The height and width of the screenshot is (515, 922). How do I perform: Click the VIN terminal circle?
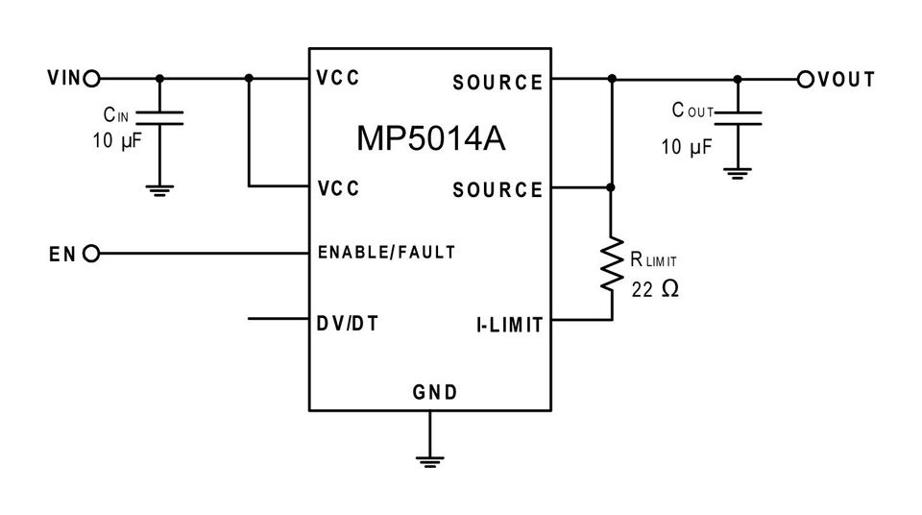[92, 78]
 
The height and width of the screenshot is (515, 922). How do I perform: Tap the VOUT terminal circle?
[806, 79]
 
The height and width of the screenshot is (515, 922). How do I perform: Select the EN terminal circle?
[91, 254]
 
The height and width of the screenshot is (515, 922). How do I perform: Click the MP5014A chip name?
[431, 138]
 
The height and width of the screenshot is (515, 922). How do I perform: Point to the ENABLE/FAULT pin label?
[386, 253]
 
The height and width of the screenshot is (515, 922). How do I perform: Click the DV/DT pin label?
[347, 324]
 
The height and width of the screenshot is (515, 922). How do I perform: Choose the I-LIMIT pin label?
[509, 326]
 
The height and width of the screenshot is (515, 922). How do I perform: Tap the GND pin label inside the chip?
[434, 392]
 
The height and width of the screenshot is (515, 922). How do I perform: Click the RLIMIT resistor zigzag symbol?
[612, 263]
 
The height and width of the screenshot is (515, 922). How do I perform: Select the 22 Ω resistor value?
[655, 289]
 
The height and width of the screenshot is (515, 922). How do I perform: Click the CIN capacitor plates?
[160, 118]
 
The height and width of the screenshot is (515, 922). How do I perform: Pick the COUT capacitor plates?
[738, 118]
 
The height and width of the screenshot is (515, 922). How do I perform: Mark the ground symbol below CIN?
[160, 190]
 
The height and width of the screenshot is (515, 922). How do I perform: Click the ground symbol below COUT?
[738, 174]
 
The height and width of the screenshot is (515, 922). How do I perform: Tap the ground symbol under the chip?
[430, 461]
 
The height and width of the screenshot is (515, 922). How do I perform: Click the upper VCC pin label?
[337, 78]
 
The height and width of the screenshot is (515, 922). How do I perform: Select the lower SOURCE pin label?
[497, 190]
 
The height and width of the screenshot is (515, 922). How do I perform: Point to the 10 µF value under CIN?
[117, 141]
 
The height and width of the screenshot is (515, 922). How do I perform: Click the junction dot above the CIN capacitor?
[160, 78]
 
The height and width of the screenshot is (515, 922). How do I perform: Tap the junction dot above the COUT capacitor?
[738, 79]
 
